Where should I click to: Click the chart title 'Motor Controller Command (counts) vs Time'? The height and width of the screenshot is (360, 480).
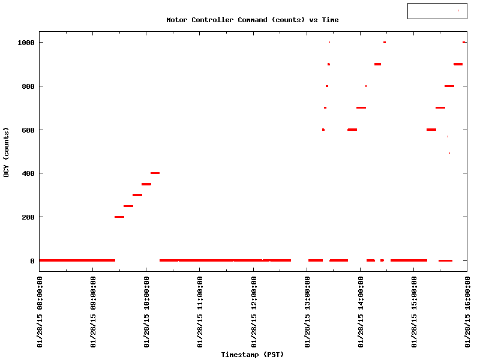pos(252,20)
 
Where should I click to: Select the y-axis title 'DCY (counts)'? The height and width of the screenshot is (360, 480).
pos(6,152)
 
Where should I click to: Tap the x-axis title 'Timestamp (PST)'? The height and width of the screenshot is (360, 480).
pos(252,355)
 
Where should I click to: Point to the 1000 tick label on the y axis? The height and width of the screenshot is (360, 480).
pos(26,43)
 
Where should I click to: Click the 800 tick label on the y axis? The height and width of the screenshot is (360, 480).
pos(28,86)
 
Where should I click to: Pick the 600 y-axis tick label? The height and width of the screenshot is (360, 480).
pos(28,130)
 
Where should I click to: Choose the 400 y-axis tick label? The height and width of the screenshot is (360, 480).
pos(28,173)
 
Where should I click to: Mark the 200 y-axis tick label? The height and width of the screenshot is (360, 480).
pos(28,217)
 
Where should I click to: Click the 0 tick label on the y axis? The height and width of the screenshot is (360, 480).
pos(32,261)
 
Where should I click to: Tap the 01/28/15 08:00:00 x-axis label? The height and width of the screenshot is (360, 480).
pos(40,312)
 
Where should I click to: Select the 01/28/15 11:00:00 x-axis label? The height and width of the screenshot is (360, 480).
pos(200,312)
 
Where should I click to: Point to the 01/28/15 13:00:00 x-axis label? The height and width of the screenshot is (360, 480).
pos(307,312)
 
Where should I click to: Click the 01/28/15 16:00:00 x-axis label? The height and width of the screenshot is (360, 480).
pos(467,312)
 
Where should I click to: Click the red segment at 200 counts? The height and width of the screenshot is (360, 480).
pos(119,217)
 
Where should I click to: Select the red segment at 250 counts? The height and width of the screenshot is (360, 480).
pos(128,206)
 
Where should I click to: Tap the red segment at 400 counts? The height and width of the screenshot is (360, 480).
pos(155,173)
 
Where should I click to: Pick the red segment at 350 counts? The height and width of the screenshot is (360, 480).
pos(146,184)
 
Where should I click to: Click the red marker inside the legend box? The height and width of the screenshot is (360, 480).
pos(458,10)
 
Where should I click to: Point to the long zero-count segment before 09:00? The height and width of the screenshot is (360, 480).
pos(77,260)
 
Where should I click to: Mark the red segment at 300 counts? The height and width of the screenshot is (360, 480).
pos(137,195)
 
